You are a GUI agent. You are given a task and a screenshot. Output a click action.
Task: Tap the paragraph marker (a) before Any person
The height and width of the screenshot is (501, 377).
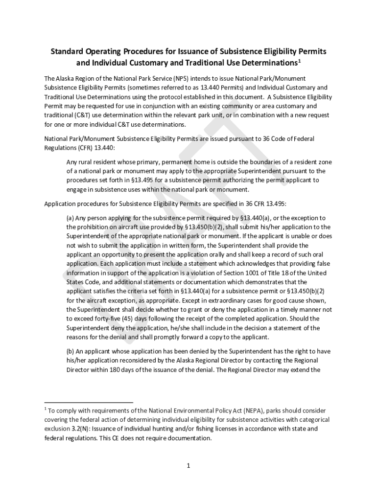tap(71, 217)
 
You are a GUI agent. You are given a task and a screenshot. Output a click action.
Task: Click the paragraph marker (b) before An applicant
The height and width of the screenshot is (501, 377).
tap(71, 351)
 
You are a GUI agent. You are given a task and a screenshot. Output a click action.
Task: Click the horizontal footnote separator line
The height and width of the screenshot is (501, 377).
tap(89, 403)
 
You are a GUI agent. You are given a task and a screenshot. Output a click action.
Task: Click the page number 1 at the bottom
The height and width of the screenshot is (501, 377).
tap(188, 466)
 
